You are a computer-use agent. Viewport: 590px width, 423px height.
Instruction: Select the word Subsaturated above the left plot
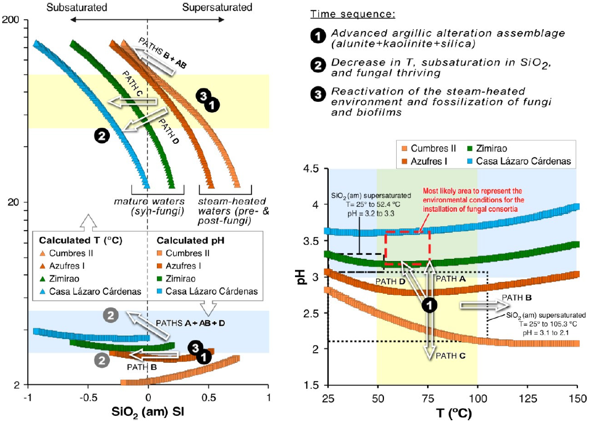point(77,7)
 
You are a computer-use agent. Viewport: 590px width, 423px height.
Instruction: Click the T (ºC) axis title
point(452,412)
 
